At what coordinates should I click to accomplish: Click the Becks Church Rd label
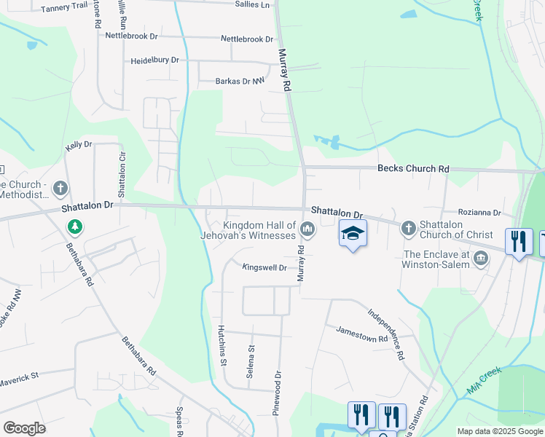pyautogui.click(x=412, y=169)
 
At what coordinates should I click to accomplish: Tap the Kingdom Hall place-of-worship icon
pyautogui.click(x=307, y=231)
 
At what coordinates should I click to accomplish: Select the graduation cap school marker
pyautogui.click(x=353, y=234)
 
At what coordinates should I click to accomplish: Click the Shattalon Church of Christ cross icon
pyautogui.click(x=407, y=229)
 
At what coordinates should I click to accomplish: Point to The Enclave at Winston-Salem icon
pyautogui.click(x=481, y=258)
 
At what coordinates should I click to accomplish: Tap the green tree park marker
pyautogui.click(x=74, y=227)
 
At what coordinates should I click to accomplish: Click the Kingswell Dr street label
pyautogui.click(x=264, y=268)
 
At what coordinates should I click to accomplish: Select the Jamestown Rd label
pyautogui.click(x=361, y=334)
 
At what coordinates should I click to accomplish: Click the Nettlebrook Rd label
pyautogui.click(x=131, y=36)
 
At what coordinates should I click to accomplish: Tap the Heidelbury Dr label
pyautogui.click(x=154, y=60)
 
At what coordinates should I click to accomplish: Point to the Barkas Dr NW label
pyautogui.click(x=239, y=82)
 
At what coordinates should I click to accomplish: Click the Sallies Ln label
pyautogui.click(x=252, y=5)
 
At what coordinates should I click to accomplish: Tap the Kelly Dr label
pyautogui.click(x=79, y=146)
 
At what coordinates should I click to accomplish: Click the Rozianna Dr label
pyautogui.click(x=479, y=213)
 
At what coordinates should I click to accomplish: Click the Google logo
pyautogui.click(x=24, y=428)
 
